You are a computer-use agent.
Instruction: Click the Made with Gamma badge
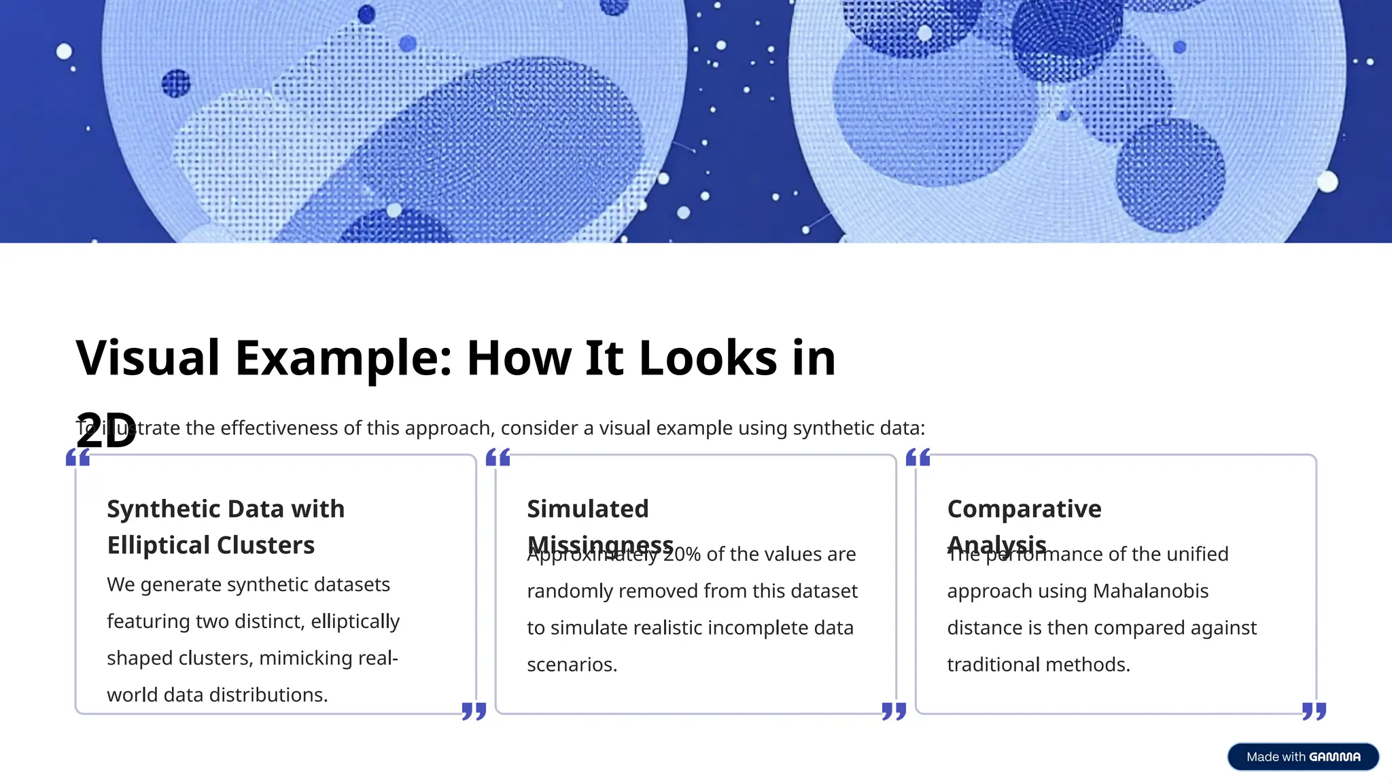[1302, 756]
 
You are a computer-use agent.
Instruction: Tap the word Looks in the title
[708, 358]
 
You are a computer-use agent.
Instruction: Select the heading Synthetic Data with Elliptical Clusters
[225, 527]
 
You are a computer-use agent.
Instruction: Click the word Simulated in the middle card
[588, 508]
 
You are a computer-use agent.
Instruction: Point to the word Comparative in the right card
[1024, 508]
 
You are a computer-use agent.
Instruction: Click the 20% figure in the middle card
[682, 555]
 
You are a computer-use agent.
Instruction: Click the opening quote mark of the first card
[78, 457]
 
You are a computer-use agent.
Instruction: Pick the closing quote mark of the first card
[474, 711]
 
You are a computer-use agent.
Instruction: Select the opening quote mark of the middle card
[498, 457]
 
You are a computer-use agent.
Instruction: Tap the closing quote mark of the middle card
[894, 711]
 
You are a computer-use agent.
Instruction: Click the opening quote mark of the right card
[918, 457]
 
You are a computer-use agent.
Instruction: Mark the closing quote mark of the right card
[1314, 711]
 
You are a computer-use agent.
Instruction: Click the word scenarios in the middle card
[572, 665]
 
